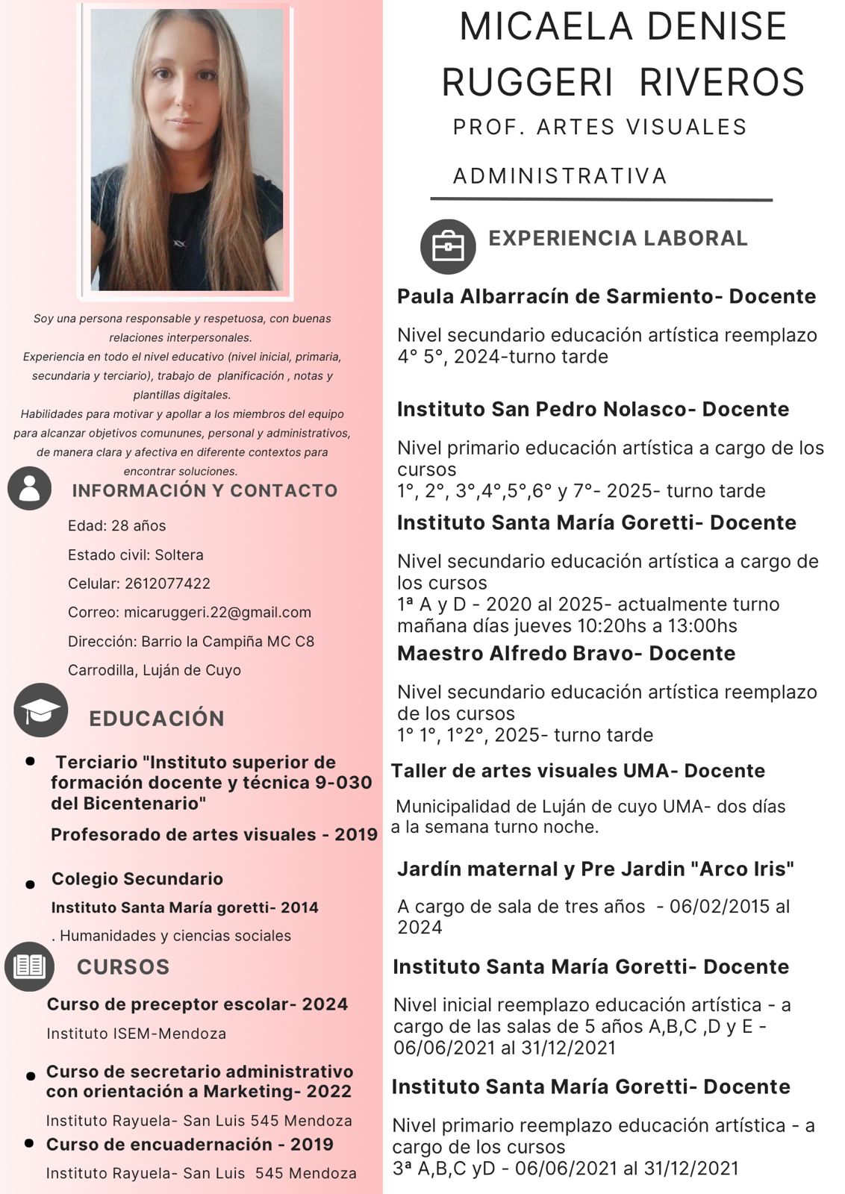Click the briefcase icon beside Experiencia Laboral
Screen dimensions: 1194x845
pyautogui.click(x=447, y=246)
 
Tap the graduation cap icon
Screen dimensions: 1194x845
pyautogui.click(x=41, y=710)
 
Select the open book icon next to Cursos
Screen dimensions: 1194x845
pyautogui.click(x=30, y=966)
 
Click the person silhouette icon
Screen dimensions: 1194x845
pyautogui.click(x=30, y=488)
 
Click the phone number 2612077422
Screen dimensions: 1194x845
pyautogui.click(x=167, y=584)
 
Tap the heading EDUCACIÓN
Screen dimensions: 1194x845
pyautogui.click(x=157, y=719)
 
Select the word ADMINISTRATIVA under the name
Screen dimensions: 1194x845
pyautogui.click(x=560, y=176)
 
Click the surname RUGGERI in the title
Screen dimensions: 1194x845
pyautogui.click(x=528, y=82)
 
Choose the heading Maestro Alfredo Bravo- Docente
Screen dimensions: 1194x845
pyautogui.click(x=566, y=654)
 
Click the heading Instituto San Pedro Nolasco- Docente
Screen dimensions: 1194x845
pyautogui.click(x=593, y=410)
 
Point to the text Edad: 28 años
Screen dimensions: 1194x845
pyautogui.click(x=117, y=526)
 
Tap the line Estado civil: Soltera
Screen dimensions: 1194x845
pyautogui.click(x=136, y=555)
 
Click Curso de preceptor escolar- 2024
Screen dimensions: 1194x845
pyautogui.click(x=197, y=1004)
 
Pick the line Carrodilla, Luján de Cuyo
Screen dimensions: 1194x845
pyautogui.click(x=155, y=670)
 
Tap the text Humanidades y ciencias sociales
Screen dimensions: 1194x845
pyautogui.click(x=175, y=936)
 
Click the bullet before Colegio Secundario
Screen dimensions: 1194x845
pyautogui.click(x=30, y=884)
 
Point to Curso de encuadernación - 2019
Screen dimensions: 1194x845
pyautogui.click(x=190, y=1145)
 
